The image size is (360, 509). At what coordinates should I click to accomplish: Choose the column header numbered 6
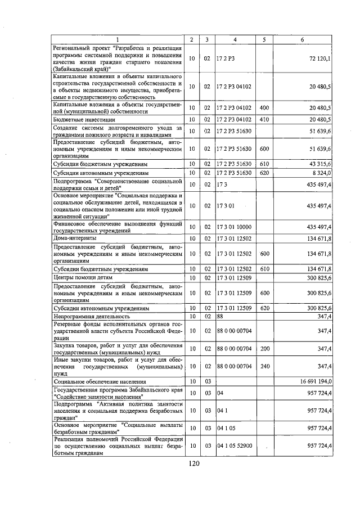tap(303, 39)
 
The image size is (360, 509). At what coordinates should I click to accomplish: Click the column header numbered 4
tap(235, 39)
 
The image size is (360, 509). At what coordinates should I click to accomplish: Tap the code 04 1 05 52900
tap(236, 445)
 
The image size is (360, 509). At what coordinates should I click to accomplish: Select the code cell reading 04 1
tap(223, 411)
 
